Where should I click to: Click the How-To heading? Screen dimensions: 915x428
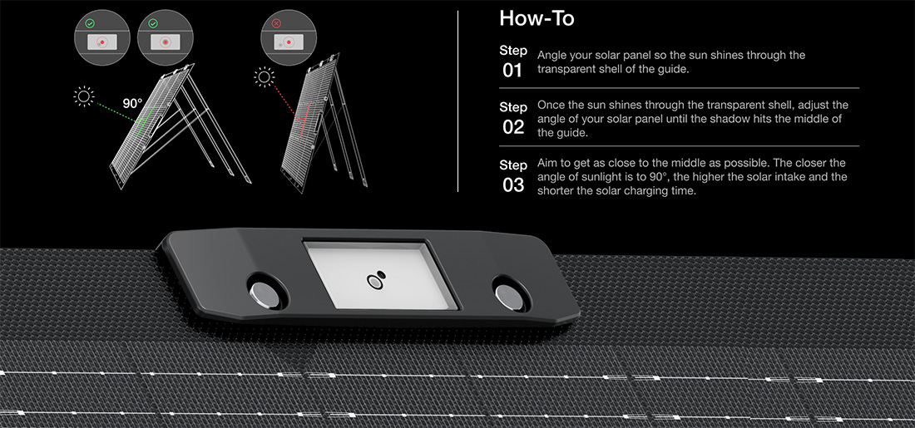(x=537, y=18)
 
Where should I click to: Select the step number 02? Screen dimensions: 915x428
(x=513, y=128)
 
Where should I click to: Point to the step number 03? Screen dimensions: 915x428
(x=513, y=184)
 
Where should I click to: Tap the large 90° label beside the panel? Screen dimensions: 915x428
(x=132, y=104)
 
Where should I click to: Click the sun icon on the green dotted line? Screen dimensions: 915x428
(x=84, y=96)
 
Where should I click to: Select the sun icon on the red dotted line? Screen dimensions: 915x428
(x=265, y=77)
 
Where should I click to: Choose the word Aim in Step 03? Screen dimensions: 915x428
(x=547, y=163)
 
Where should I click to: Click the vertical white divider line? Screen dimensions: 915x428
(x=458, y=101)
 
